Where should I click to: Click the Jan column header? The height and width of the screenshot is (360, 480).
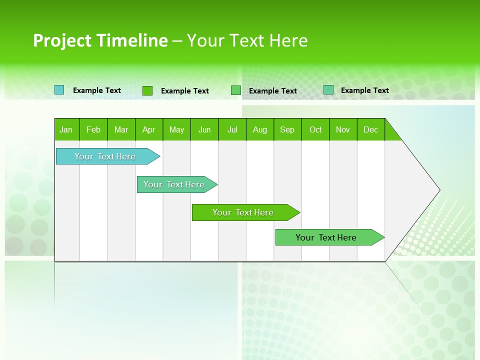coord(66,129)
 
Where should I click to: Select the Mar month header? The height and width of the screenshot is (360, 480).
coord(121,129)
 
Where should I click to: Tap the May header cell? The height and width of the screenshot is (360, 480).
coord(176,129)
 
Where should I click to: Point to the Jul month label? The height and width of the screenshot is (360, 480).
coord(232,129)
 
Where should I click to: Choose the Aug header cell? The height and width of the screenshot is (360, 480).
coord(260,129)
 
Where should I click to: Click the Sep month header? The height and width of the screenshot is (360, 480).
coord(287,129)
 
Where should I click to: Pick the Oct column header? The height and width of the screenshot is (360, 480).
coord(315,129)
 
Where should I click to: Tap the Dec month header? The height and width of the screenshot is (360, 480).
coord(371,129)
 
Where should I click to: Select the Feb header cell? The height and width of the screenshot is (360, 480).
coord(93,129)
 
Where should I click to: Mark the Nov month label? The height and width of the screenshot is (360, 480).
coord(343,129)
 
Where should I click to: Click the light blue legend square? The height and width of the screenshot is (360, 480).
coord(59,90)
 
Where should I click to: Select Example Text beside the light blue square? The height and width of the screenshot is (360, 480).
coord(97,90)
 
